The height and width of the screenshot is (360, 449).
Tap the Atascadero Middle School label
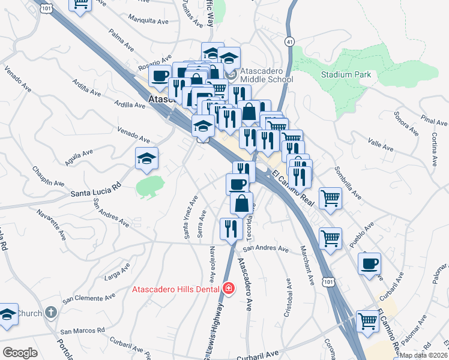[x=267, y=74]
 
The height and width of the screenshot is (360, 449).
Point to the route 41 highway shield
[x=289, y=41]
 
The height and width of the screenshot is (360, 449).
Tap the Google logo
[x=20, y=353]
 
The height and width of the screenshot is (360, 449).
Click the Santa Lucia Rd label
[x=95, y=193]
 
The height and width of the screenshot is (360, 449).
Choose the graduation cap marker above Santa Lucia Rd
[x=146, y=159]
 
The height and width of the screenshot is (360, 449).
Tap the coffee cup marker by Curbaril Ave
[x=370, y=263]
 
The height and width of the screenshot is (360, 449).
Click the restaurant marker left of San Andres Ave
[x=229, y=227]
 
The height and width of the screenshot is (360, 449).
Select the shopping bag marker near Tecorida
[x=241, y=203]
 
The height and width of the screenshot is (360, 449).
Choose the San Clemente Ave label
[x=89, y=298]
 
